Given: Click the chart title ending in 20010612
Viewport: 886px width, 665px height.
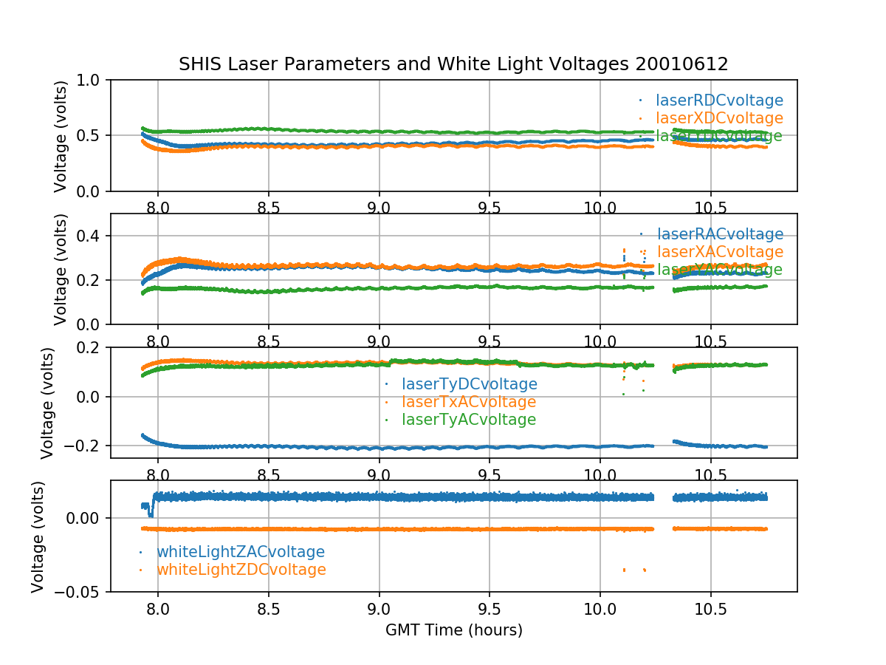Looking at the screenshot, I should tap(453, 64).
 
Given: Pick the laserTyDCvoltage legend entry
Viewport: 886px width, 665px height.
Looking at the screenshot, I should tap(469, 384).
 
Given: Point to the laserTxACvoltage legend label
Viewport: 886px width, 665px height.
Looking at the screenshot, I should tap(469, 402).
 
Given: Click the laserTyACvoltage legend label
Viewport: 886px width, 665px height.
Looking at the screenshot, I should tap(469, 420).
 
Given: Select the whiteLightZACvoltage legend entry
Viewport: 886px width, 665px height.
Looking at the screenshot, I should tap(240, 552).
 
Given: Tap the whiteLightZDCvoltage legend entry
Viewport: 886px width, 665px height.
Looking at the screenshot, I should tap(241, 570).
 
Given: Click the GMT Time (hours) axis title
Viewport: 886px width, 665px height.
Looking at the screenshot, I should tap(453, 630).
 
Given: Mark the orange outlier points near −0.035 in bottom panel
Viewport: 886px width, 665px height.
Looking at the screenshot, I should tap(625, 570).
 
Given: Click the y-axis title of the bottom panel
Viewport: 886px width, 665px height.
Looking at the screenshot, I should tap(38, 536).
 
